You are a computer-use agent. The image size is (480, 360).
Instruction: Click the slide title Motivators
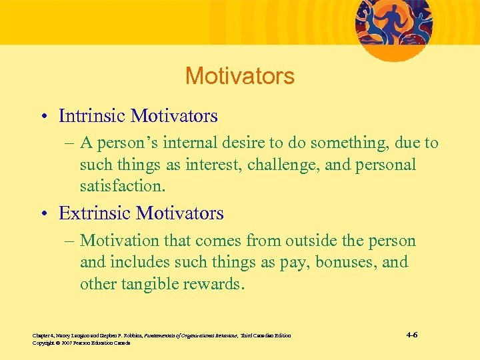(239, 76)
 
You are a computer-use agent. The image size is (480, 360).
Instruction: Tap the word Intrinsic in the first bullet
(92, 116)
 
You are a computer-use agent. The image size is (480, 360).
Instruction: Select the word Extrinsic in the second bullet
(95, 213)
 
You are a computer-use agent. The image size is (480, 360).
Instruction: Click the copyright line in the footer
(81, 343)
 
